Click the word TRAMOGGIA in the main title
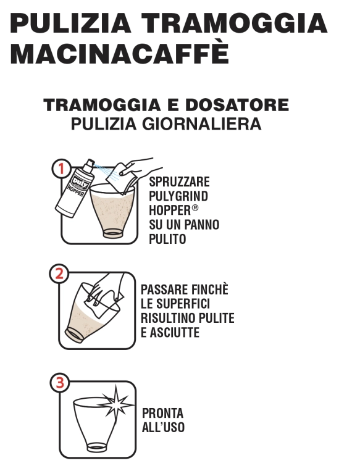pos(235,22)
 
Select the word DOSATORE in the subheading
pos(237,105)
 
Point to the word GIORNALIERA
pos(202,123)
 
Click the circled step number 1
pos(61,169)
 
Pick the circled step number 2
pos(59,273)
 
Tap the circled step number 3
pos(60,383)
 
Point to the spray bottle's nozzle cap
pos(90,164)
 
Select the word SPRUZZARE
pos(179,182)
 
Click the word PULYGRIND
pos(178,196)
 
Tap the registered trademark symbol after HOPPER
pos(195,207)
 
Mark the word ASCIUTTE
pos(174,333)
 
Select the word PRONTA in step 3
pos(163,413)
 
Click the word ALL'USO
pos(163,427)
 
